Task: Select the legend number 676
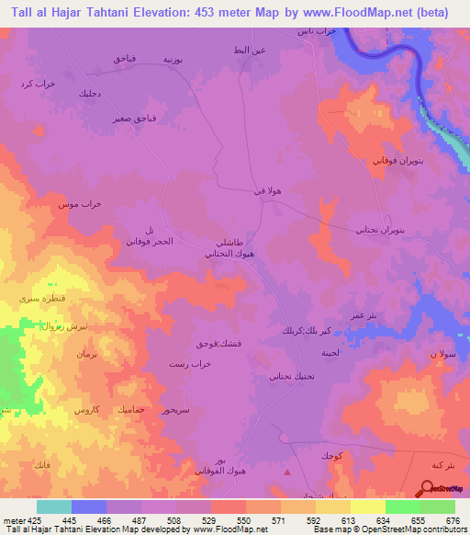click(x=453, y=519)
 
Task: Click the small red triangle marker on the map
click(x=287, y=472)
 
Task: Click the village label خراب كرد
click(x=38, y=84)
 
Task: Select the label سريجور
click(x=173, y=410)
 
